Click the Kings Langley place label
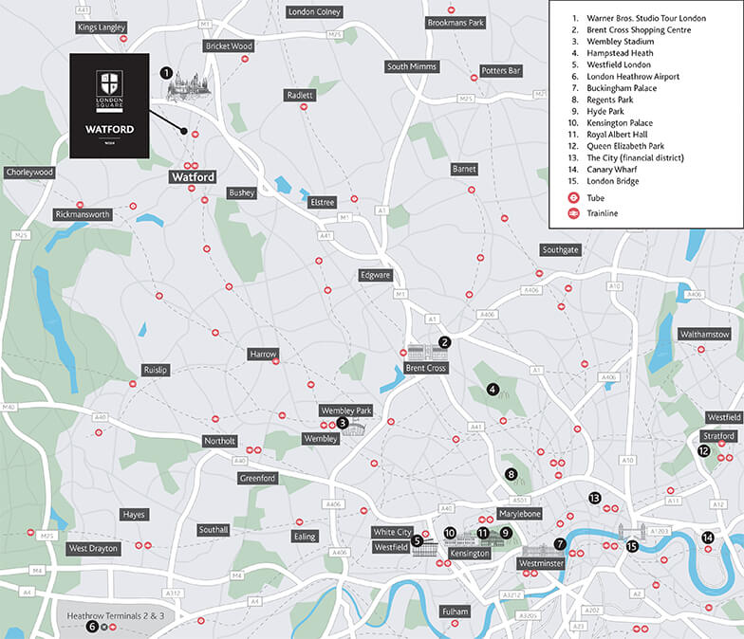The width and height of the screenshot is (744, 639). pos(102,27)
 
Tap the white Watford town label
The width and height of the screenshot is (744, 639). pos(193,176)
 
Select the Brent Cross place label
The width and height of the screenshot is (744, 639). pos(425,367)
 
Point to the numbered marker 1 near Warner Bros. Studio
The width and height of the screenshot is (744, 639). pos(166,72)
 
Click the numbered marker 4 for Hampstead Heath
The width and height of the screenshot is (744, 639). pos(493,389)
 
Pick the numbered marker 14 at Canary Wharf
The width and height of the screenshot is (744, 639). pos(707,538)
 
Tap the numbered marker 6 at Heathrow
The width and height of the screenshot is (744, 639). pos(92,626)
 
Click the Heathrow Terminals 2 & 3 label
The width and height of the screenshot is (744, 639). pos(116,615)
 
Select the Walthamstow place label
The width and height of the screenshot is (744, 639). pos(704,334)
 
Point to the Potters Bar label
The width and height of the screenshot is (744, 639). pos(501,71)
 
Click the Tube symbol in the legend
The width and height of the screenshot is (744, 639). pos(574,197)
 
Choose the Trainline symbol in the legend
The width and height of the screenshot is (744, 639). pos(574,213)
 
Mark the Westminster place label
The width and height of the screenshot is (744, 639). pos(542,563)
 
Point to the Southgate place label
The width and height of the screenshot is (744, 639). pos(560,250)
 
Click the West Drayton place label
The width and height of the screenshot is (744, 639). pos(93,548)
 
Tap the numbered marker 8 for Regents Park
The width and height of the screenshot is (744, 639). pos(511,475)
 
